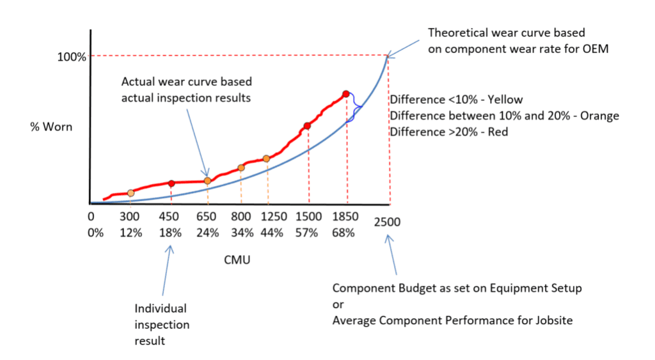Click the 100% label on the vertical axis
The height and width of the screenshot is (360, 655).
(72, 57)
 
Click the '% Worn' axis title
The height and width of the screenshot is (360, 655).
(51, 127)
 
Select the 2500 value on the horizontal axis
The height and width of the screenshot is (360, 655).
(388, 223)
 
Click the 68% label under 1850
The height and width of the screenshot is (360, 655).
(343, 233)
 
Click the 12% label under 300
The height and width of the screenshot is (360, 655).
(130, 233)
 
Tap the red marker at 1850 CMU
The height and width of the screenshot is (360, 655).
(346, 94)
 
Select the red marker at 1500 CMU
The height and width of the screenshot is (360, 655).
(307, 126)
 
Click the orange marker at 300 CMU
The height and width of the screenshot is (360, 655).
(130, 193)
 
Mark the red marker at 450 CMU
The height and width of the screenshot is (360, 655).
(171, 184)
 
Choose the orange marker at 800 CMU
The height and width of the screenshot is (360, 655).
(241, 168)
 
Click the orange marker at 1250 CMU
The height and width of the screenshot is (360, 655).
(267, 159)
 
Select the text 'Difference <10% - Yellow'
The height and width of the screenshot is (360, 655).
(456, 100)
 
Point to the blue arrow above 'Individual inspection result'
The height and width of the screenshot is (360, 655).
(170, 274)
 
